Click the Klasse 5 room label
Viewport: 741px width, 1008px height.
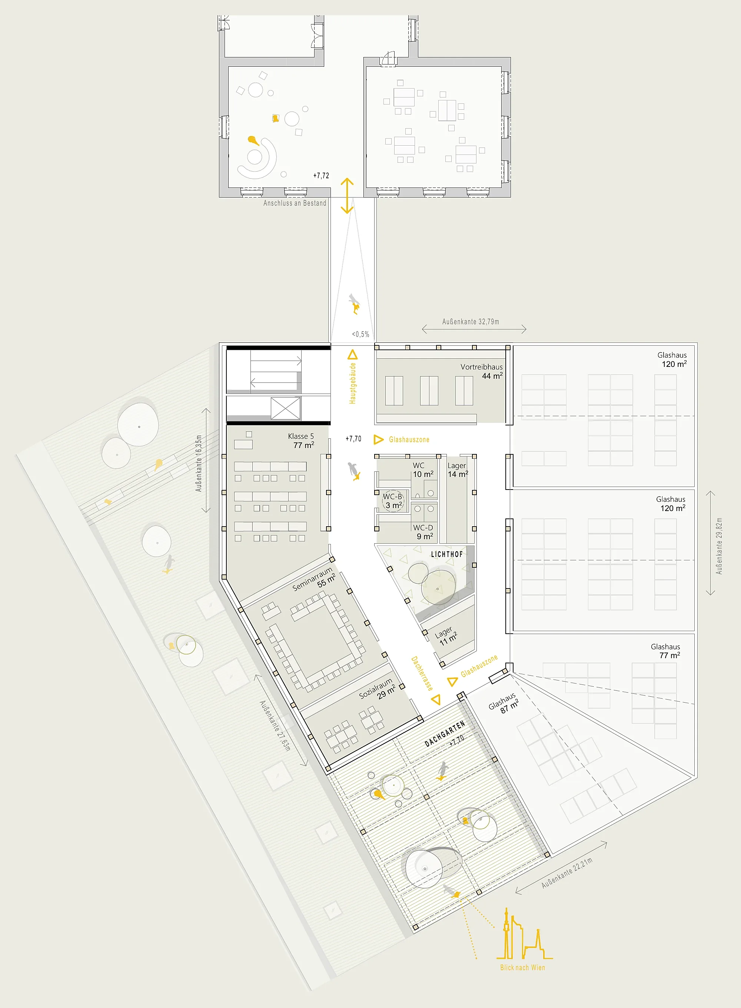click(x=301, y=440)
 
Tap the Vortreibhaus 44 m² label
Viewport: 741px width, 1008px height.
click(x=481, y=371)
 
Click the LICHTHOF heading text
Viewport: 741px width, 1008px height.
click(x=447, y=554)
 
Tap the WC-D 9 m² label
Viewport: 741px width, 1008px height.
click(x=423, y=531)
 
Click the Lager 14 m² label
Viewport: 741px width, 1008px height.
click(x=458, y=470)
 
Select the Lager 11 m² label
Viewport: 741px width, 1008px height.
click(x=446, y=636)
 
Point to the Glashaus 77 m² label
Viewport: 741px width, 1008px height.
click(x=666, y=650)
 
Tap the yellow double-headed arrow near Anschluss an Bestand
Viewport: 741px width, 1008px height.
click(x=347, y=196)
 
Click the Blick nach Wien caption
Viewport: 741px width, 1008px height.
click(x=522, y=968)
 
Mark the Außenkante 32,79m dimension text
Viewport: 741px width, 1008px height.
click(x=471, y=322)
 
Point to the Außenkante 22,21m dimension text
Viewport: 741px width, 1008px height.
click(x=567, y=872)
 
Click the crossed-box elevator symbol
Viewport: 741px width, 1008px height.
click(x=285, y=409)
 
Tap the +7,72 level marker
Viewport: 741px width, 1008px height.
click(x=321, y=175)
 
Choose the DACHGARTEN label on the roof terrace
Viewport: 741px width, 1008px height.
click(x=445, y=734)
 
